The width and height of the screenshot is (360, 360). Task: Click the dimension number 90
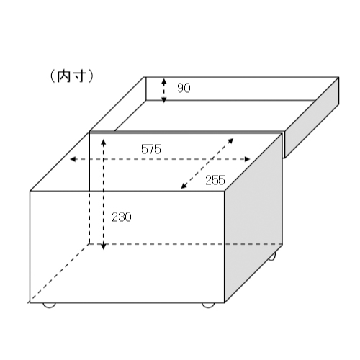tap(184, 88)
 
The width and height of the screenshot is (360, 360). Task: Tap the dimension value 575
tap(151, 149)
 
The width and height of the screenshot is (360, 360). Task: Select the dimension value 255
tap(215, 180)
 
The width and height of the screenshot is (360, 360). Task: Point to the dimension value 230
tap(122, 217)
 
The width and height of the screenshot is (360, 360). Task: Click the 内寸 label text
tap(71, 76)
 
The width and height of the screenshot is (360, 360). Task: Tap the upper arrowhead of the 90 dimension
tap(164, 81)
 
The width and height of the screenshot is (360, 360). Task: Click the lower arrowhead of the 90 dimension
tap(164, 99)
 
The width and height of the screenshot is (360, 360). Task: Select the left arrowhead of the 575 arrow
tap(73, 159)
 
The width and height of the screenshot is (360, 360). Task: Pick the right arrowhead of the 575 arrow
tap(247, 159)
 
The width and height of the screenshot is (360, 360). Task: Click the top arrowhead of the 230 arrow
tap(103, 143)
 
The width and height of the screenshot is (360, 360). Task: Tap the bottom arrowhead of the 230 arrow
tap(103, 246)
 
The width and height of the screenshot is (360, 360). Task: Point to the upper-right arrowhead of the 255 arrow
tap(230, 141)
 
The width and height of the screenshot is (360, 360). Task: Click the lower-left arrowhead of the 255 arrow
tap(184, 186)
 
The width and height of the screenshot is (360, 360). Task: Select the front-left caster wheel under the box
tap(49, 305)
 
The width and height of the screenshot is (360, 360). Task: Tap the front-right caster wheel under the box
tap(208, 305)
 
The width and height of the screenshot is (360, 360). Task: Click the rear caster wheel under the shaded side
tap(272, 257)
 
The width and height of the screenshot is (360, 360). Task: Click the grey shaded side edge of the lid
tap(312, 117)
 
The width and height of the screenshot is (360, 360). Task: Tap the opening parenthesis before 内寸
tap(53, 76)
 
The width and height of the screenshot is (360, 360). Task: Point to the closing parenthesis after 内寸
tap(90, 76)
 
